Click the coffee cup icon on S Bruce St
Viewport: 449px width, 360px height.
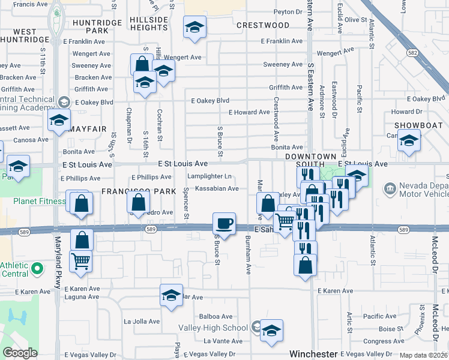[224, 224]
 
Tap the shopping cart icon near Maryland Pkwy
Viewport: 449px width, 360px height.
[81, 261]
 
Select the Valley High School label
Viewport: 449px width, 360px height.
[213, 328]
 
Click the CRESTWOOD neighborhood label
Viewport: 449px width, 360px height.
[263, 25]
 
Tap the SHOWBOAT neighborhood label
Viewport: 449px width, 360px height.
[418, 125]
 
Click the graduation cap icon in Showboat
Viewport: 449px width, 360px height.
[409, 142]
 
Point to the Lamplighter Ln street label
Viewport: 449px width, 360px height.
[209, 176]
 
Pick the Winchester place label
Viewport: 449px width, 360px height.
[313, 354]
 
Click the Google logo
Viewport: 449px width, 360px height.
[20, 353]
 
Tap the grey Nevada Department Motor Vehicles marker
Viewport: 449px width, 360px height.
[390, 190]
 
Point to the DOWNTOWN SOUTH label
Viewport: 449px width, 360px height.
[310, 156]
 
